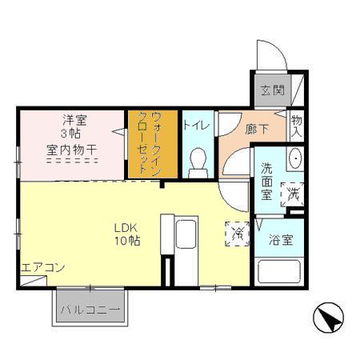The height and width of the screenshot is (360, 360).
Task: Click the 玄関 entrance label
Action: tap(273, 90)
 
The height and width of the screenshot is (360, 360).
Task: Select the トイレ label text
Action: tap(197, 125)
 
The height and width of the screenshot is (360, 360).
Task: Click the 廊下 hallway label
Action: tap(257, 129)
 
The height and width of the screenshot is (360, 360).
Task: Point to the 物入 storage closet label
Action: tap(296, 126)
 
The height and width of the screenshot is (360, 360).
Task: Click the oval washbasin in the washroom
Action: tap(295, 158)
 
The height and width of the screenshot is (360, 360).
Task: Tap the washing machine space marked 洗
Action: tap(292, 194)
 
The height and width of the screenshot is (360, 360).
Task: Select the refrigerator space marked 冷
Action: tap(238, 234)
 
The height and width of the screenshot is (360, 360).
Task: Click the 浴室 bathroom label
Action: tap(281, 240)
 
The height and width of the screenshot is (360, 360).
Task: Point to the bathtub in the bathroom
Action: tap(279, 271)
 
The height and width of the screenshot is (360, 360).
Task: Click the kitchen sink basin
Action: tap(186, 234)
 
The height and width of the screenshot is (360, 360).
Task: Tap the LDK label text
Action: tap(126, 228)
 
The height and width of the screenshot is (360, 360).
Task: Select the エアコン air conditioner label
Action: tap(42, 267)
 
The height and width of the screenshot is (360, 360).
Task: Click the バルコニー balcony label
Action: tap(90, 310)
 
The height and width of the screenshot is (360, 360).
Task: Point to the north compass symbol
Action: tap(328, 318)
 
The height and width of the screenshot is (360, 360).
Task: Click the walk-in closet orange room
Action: tap(153, 144)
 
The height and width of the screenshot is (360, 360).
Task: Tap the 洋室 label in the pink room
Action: tap(74, 120)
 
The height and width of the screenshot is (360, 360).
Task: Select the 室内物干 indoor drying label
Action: tap(71, 150)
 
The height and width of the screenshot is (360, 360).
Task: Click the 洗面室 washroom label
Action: tap(266, 182)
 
